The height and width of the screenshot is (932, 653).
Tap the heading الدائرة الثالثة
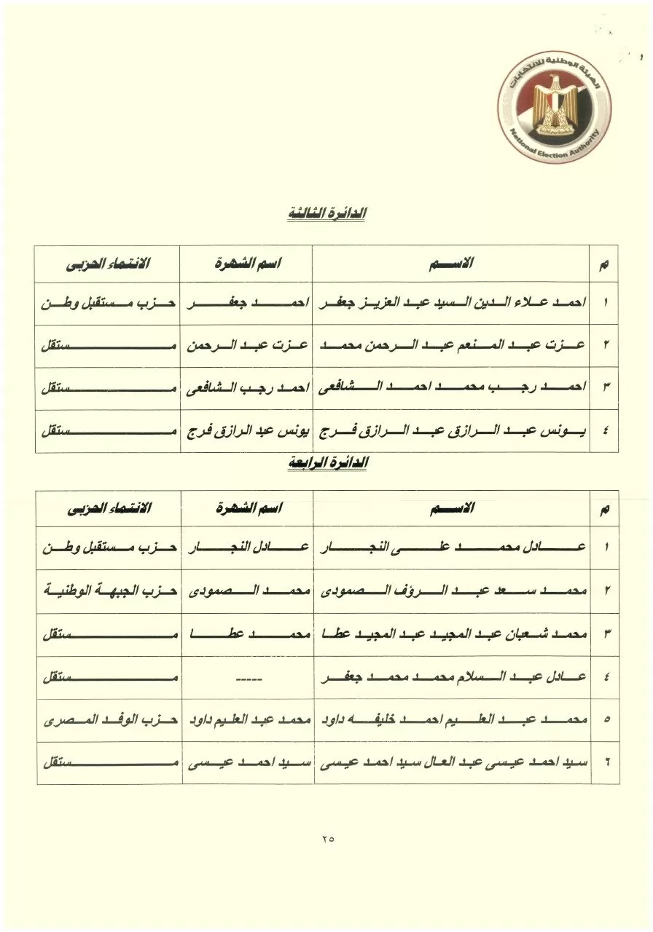(326, 215)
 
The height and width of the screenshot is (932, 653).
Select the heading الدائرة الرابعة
(326, 462)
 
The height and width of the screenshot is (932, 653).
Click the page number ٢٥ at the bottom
(326, 839)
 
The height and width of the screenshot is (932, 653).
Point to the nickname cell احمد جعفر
(247, 302)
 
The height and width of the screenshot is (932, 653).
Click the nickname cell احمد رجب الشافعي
(247, 389)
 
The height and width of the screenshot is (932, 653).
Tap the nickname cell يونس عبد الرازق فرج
(247, 431)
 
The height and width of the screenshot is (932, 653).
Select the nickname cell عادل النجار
(247, 548)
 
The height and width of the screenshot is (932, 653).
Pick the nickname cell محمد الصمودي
(247, 591)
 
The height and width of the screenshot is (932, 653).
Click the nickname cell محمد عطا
(247, 633)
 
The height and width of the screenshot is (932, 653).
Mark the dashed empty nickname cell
(247, 677)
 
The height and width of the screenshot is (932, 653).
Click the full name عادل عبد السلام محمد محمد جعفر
(452, 677)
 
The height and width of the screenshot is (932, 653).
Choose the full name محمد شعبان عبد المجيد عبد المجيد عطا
(452, 633)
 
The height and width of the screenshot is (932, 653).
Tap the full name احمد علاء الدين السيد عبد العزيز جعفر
(452, 302)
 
